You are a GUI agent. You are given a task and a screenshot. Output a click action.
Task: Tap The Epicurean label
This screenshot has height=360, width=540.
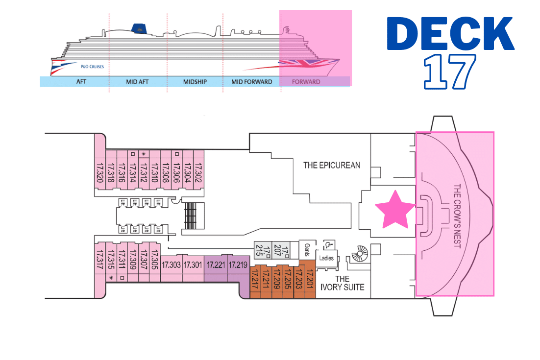point(332,165)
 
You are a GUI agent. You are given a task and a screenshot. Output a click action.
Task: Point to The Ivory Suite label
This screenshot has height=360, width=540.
point(343,283)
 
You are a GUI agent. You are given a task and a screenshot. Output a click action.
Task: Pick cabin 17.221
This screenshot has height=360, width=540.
point(216,265)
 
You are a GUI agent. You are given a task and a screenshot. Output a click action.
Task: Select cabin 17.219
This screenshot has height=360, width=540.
point(238,265)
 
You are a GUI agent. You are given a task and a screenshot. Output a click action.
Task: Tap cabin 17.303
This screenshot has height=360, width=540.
point(172,265)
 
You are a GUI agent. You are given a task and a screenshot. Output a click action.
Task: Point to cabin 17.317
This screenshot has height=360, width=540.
point(100,263)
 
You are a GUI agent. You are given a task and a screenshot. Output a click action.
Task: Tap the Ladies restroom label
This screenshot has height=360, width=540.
point(326,258)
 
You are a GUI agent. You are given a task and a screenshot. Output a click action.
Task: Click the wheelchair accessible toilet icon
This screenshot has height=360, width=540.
point(326,245)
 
